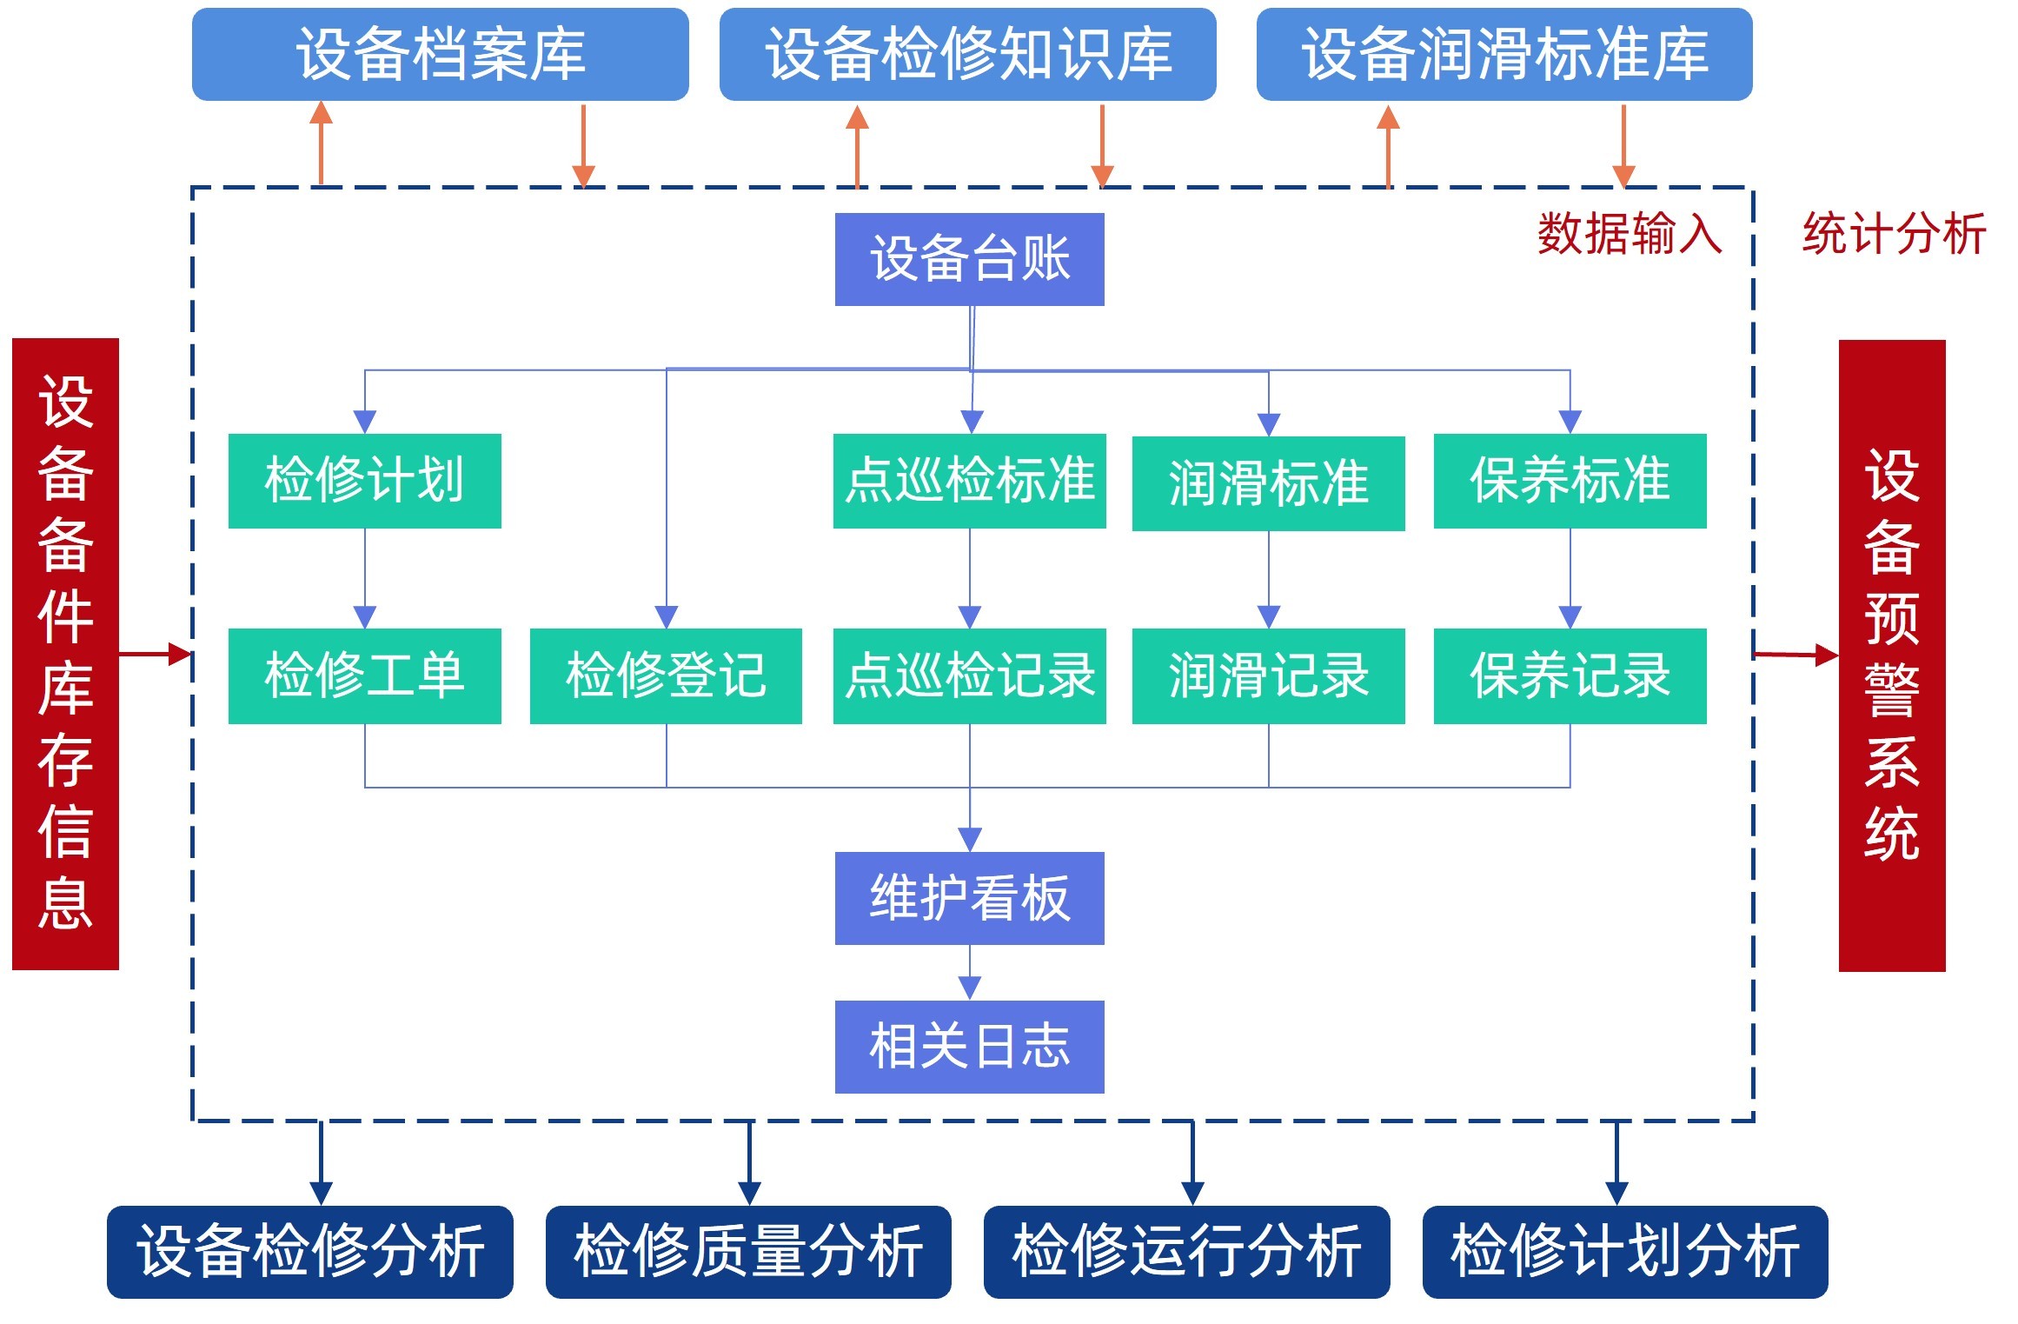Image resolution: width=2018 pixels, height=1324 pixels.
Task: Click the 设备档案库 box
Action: (x=440, y=54)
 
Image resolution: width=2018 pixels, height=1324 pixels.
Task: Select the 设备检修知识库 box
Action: (x=967, y=54)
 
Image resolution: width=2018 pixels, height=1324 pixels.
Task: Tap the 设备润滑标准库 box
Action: (x=1504, y=54)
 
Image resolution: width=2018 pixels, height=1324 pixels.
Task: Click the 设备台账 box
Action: (x=969, y=259)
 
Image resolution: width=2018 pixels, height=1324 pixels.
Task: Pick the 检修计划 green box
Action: (x=364, y=481)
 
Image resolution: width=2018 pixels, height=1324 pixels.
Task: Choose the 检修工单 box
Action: (x=364, y=675)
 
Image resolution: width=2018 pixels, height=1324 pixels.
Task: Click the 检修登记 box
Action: (x=666, y=675)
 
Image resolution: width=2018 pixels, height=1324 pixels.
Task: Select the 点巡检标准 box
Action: (x=969, y=481)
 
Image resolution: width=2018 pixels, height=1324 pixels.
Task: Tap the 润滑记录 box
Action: (x=1268, y=675)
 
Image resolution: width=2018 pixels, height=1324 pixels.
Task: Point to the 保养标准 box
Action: (x=1570, y=481)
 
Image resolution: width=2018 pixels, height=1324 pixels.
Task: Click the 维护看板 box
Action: (x=969, y=898)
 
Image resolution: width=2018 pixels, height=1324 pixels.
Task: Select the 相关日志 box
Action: (x=969, y=1046)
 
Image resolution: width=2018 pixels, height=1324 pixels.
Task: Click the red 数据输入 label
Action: (x=1630, y=233)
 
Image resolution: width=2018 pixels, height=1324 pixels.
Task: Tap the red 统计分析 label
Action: (x=1894, y=233)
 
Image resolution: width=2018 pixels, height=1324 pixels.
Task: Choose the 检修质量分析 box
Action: (x=748, y=1251)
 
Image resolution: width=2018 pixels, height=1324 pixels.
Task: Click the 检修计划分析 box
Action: (x=1624, y=1251)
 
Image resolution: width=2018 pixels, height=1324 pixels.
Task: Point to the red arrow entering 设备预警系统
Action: (x=1796, y=655)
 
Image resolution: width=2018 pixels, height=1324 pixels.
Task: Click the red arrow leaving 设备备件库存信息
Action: (x=155, y=653)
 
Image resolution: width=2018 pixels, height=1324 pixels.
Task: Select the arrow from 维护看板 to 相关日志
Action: (x=970, y=973)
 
